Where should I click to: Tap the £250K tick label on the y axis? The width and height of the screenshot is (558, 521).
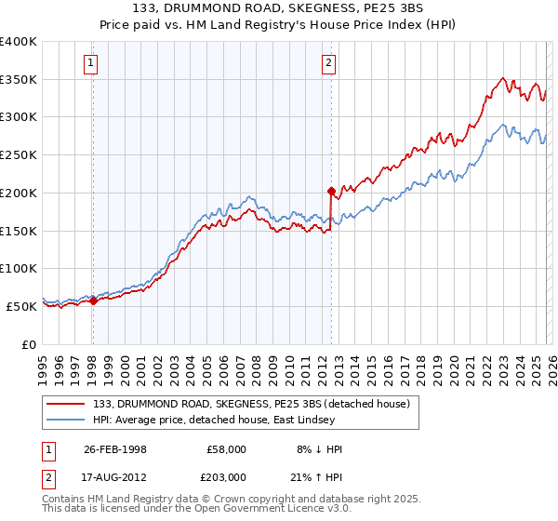18,155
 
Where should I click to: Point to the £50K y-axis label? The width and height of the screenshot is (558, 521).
20,306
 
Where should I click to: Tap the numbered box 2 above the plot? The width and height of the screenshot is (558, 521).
329,63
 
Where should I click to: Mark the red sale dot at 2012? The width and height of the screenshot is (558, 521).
331,191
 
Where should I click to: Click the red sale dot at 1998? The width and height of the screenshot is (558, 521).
93,301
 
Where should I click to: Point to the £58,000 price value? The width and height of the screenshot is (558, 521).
225,449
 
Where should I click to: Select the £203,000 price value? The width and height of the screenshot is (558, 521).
225,475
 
